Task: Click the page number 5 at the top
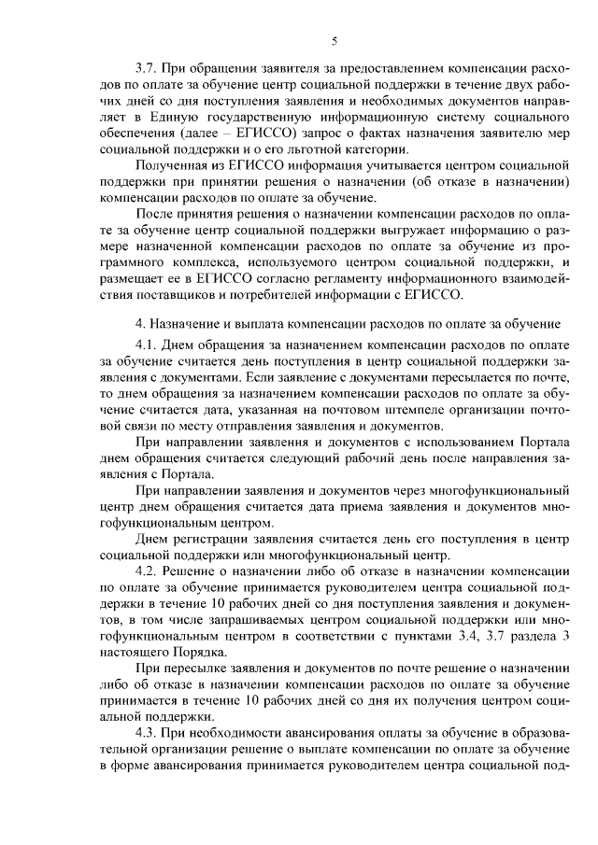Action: tap(334, 41)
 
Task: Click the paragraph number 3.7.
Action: tap(147, 68)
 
